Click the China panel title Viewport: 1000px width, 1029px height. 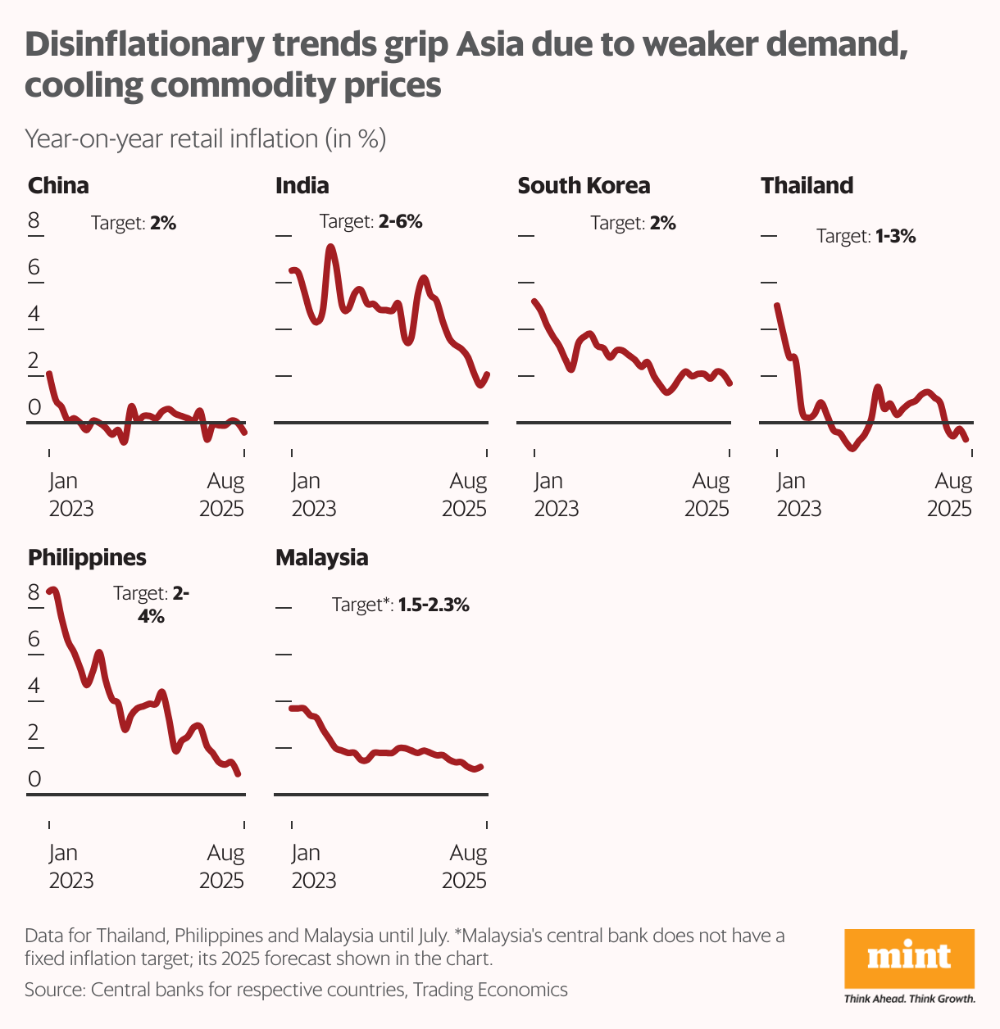click(58, 186)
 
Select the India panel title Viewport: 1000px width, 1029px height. click(302, 186)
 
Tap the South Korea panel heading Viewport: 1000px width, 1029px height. click(584, 186)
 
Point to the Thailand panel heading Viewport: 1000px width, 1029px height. click(807, 186)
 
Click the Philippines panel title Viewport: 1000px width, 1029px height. click(87, 558)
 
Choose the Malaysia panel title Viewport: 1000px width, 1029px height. click(321, 558)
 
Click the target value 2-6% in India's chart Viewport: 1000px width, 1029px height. click(400, 221)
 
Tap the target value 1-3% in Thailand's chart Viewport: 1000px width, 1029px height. click(895, 237)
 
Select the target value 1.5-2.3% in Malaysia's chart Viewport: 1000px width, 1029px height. click(434, 605)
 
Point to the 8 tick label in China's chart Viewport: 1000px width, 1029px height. click(34, 220)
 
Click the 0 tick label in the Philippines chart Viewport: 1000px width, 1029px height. click(34, 778)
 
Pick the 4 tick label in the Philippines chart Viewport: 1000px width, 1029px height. click(34, 685)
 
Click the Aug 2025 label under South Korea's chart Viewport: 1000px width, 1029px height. click(707, 495)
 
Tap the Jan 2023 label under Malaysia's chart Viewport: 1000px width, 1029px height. click(314, 866)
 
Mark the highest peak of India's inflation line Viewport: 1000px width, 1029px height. click(330, 247)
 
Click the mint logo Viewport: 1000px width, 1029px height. click(909, 959)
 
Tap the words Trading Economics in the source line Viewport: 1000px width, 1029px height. click(490, 990)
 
